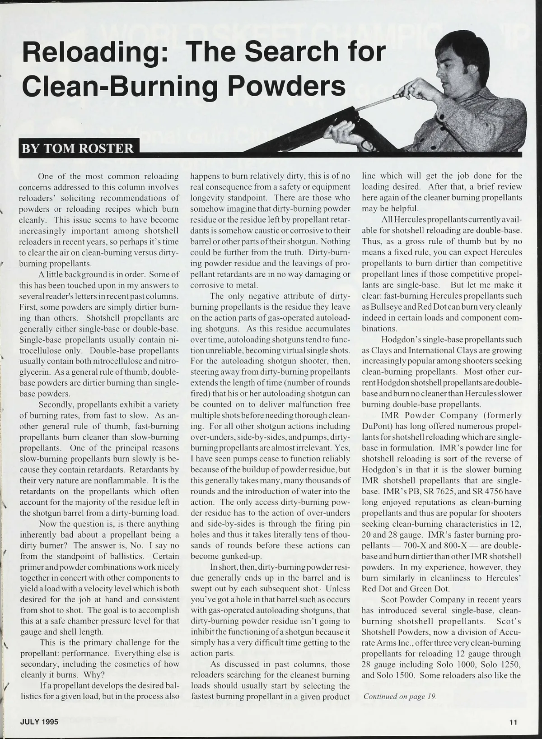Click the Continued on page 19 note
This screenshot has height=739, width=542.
tap(400, 696)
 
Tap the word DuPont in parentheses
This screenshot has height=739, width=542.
tap(374, 426)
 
